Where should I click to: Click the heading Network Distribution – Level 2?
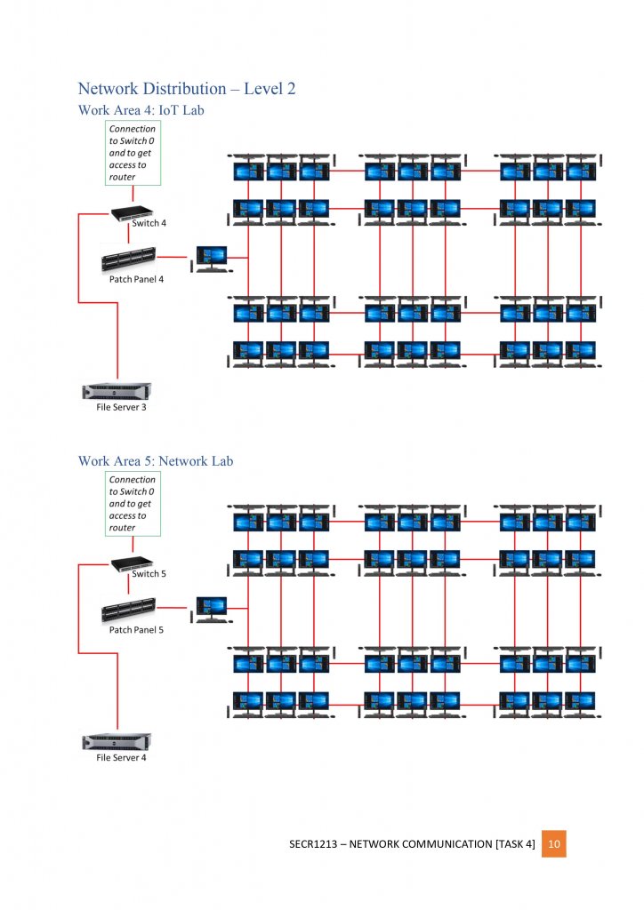pos(187,89)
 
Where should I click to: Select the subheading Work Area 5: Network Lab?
pos(156,461)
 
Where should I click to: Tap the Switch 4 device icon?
pos(131,212)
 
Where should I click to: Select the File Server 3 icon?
pos(117,391)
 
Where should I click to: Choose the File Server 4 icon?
pos(117,742)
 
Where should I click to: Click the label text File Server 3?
pos(121,408)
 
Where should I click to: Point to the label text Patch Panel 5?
pos(136,630)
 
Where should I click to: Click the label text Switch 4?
pos(148,224)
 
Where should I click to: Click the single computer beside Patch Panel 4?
pos(211,258)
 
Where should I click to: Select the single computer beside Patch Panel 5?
pos(211,608)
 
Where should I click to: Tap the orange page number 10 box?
pos(553,843)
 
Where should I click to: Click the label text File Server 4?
pos(121,758)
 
